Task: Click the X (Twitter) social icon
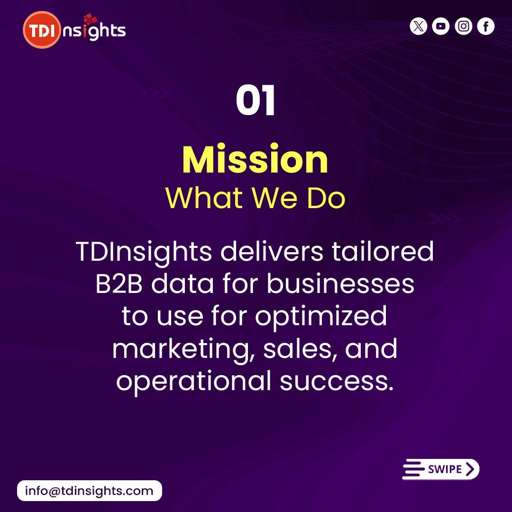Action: click(x=418, y=27)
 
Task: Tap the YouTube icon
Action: click(x=441, y=27)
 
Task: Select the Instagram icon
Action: click(x=464, y=27)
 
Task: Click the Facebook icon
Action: click(x=486, y=27)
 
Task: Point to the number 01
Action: click(x=256, y=101)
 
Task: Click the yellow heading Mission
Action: click(x=256, y=160)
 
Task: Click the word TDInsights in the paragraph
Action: click(x=144, y=252)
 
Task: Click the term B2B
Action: click(x=119, y=284)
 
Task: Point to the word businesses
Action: click(x=340, y=284)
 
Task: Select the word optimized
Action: click(x=321, y=317)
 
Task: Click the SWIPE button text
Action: click(x=445, y=469)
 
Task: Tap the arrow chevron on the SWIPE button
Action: click(x=470, y=469)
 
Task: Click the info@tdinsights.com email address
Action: click(x=89, y=491)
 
